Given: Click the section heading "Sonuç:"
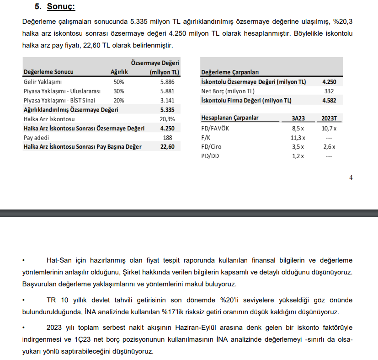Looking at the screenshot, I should pyautogui.click(x=61, y=7).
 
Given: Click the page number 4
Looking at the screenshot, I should pyautogui.click(x=351, y=178).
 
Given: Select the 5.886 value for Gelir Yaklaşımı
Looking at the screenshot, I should pyautogui.click(x=167, y=81).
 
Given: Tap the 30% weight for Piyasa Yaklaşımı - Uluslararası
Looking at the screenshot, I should pyautogui.click(x=118, y=91).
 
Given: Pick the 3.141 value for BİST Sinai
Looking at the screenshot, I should pyautogui.click(x=167, y=100).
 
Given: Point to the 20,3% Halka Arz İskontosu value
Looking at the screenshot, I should pyautogui.click(x=167, y=119).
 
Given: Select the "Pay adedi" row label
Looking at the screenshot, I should pyautogui.click(x=35, y=137).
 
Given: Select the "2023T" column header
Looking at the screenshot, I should pyautogui.click(x=329, y=118).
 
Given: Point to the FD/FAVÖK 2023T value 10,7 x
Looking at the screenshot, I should pyautogui.click(x=329, y=129).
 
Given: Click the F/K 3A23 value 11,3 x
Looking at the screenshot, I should pyautogui.click(x=298, y=138).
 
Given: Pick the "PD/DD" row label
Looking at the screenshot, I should pyautogui.click(x=210, y=156).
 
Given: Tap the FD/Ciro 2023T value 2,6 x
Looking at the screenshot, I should pyautogui.click(x=329, y=147).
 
